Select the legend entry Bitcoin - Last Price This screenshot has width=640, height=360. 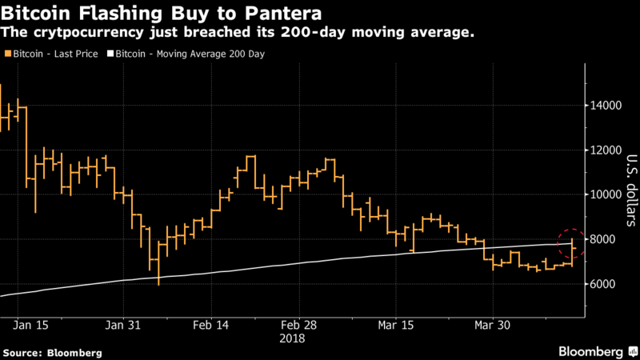click(x=56, y=54)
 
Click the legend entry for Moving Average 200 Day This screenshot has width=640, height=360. click(x=190, y=54)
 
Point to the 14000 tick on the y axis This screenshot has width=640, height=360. click(x=608, y=106)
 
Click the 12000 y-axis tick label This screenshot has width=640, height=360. click(x=608, y=150)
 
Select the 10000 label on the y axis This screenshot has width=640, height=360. click(x=608, y=195)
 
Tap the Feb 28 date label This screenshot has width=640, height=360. click(x=298, y=326)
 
